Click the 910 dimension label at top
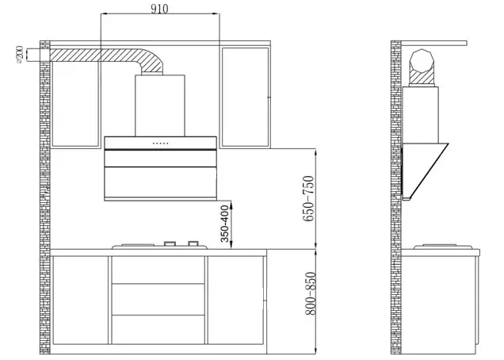[161, 9]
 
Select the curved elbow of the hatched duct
[149, 62]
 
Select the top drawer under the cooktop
[159, 270]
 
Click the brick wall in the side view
[396, 198]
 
